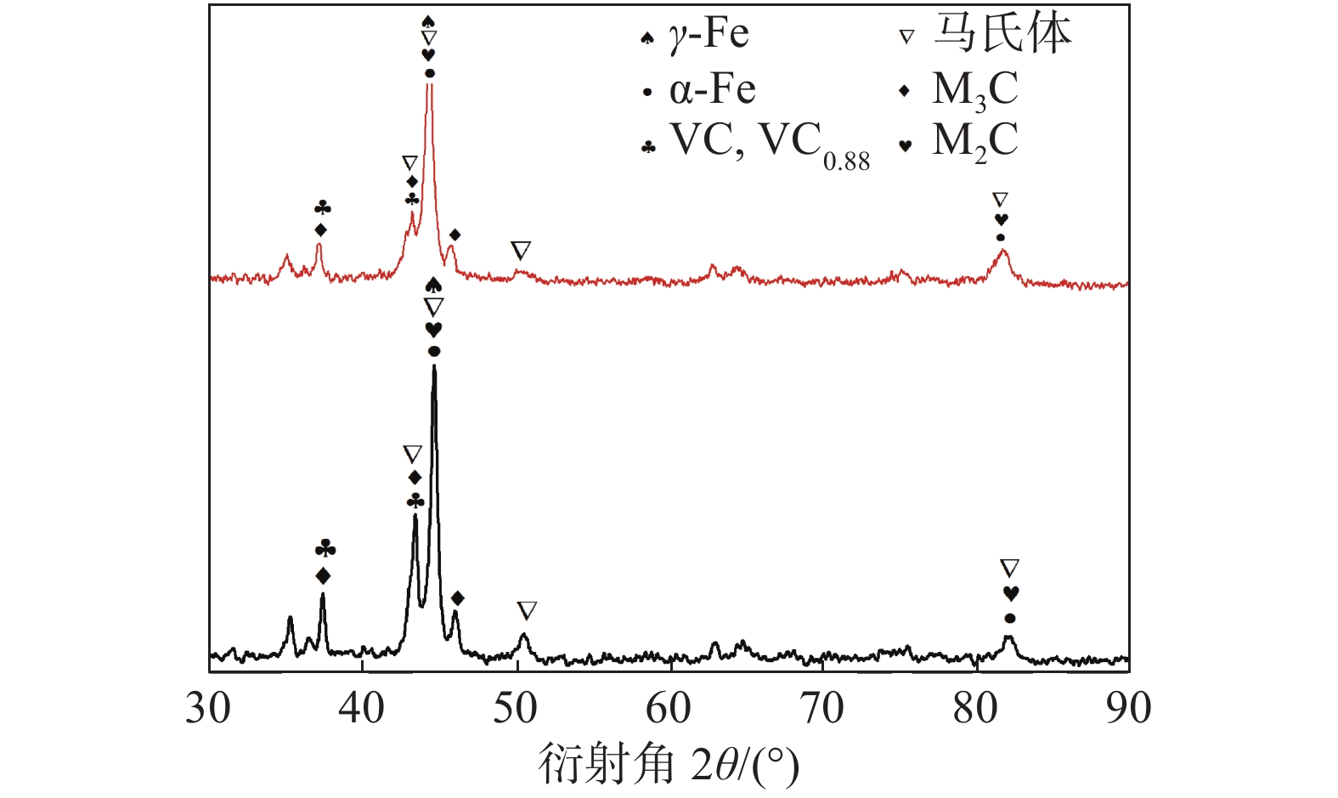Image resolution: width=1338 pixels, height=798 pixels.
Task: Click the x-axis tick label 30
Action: pyautogui.click(x=208, y=709)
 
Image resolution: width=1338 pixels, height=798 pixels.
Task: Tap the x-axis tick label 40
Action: pyautogui.click(x=362, y=709)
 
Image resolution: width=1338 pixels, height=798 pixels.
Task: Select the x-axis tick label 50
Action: pyautogui.click(x=516, y=709)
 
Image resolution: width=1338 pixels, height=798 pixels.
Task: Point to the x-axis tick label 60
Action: pyautogui.click(x=669, y=709)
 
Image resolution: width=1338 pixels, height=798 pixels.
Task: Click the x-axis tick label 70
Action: pyautogui.click(x=822, y=709)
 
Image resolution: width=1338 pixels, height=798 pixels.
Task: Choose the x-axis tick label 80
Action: pyautogui.click(x=975, y=709)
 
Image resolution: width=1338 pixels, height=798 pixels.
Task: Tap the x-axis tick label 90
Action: pyautogui.click(x=1129, y=709)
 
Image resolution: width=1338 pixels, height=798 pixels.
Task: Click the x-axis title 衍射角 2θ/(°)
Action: pyautogui.click(x=669, y=765)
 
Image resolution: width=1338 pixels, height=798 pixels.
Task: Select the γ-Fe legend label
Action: pyautogui.click(x=709, y=36)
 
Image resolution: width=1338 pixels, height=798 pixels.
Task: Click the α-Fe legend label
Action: pyautogui.click(x=712, y=89)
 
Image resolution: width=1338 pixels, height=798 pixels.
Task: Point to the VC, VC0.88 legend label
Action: pyautogui.click(x=770, y=143)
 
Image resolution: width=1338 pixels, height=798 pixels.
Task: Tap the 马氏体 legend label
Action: pyautogui.click(x=1002, y=34)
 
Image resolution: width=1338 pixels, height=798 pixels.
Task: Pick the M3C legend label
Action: pyautogui.click(x=974, y=89)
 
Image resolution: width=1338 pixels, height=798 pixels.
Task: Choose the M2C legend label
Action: pyautogui.click(x=974, y=141)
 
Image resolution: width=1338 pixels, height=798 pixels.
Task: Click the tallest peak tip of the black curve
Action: pyautogui.click(x=434, y=366)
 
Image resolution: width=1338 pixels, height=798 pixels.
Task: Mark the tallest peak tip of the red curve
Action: pyautogui.click(x=429, y=85)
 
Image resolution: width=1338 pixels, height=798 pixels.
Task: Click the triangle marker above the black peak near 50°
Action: pyautogui.click(x=527, y=610)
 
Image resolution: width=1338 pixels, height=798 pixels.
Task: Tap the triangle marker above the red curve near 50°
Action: pyautogui.click(x=521, y=251)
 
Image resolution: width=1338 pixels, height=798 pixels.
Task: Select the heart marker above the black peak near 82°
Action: pyautogui.click(x=1010, y=593)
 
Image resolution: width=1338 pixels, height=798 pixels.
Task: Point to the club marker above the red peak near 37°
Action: pyautogui.click(x=322, y=208)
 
